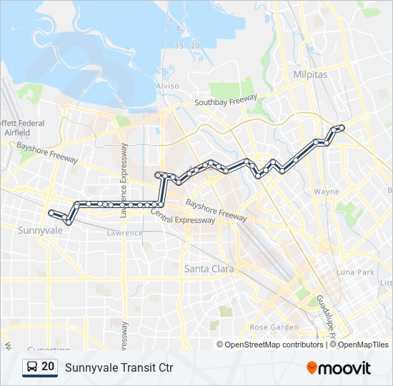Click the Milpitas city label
click(309, 74)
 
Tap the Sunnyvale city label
click(39, 231)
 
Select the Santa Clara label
click(207, 269)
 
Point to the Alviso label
click(167, 86)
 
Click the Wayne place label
click(327, 192)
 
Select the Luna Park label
click(355, 272)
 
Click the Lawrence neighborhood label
click(124, 233)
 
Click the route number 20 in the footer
click(48, 367)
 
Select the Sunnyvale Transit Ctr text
click(119, 367)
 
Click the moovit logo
click(339, 367)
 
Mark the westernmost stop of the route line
click(51, 212)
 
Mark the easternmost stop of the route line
click(342, 127)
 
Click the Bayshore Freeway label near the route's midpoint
click(216, 209)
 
